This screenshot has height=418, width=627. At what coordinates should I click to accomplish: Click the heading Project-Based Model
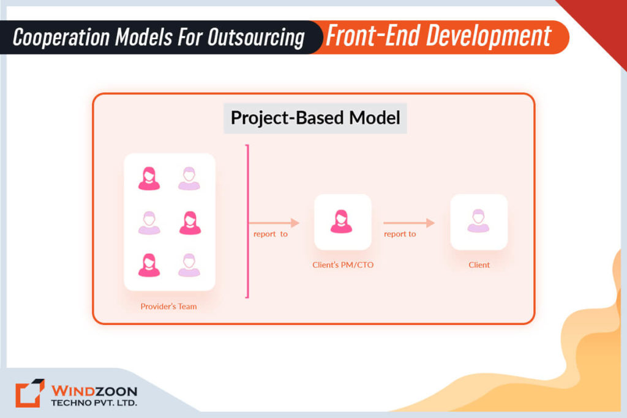coord(315,118)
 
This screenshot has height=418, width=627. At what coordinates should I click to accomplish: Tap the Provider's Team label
coord(169,306)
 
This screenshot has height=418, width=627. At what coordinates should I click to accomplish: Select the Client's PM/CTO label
coord(342,265)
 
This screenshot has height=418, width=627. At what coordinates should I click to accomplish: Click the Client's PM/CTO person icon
coord(342,222)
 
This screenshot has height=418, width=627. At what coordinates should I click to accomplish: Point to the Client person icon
coord(479,222)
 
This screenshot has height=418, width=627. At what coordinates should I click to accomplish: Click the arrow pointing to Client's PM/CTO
coord(274,223)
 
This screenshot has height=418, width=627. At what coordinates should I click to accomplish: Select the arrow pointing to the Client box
coord(409,223)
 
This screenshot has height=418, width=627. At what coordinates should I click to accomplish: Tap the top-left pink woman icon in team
coord(149,178)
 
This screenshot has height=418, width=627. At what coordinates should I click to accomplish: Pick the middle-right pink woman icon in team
coord(190,223)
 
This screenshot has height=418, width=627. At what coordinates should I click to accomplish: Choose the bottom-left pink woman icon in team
coord(149,265)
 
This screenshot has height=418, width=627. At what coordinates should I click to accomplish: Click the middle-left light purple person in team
coord(149,223)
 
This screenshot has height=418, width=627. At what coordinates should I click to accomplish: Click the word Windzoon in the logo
coord(94,390)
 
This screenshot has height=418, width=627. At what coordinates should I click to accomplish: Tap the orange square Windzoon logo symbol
coord(30,394)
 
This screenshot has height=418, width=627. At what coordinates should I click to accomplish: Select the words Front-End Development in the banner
coord(438,37)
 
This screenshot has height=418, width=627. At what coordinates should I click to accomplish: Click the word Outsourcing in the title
coord(255,38)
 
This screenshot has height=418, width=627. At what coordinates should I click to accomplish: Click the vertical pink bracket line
coord(247,222)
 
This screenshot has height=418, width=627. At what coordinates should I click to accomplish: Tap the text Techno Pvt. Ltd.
coord(94,403)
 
